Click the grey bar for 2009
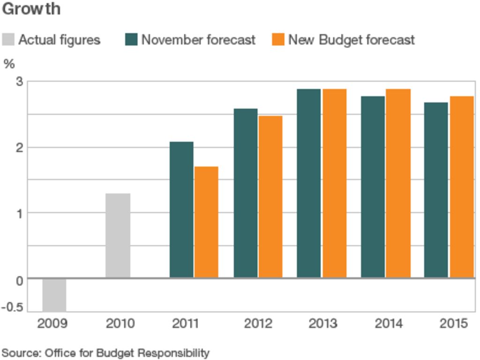point(54,295)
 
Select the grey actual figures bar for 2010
point(118,235)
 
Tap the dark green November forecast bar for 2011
point(181,210)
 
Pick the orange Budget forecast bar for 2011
point(206,222)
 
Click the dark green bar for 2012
point(246,193)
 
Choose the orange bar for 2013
point(334,183)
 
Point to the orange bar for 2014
point(398,183)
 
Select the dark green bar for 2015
point(436,190)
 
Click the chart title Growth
point(31,9)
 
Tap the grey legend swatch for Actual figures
point(8,39)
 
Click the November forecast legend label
point(198,40)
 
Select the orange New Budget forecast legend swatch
point(278,39)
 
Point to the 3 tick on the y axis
point(19,82)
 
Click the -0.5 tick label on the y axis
point(14,307)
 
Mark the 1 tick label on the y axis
point(19,213)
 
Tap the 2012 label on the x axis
point(258,323)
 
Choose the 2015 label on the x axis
point(453,323)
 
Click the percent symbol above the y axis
point(9,64)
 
